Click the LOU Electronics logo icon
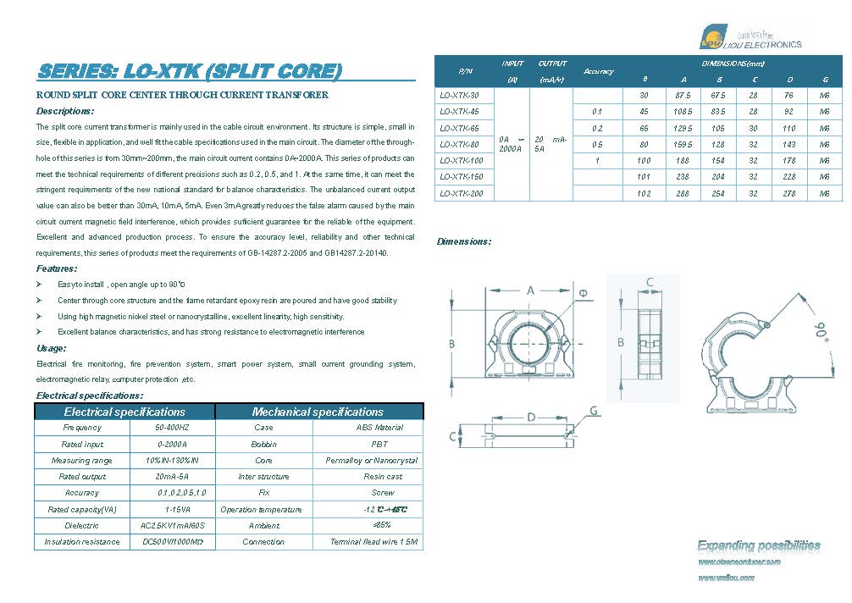tap(713, 36)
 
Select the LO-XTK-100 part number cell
tap(462, 160)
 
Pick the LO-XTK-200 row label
tap(462, 193)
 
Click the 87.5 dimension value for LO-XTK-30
tap(683, 96)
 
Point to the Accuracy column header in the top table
tap(598, 71)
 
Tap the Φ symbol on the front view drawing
tap(583, 293)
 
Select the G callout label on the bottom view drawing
tap(594, 411)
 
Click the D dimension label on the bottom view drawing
tap(531, 417)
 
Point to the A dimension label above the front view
tap(531, 290)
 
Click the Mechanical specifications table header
tap(318, 412)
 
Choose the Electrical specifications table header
tap(124, 412)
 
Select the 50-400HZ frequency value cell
tap(173, 428)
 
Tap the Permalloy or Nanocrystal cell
tap(372, 461)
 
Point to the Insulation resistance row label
tap(82, 542)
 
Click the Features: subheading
tap(58, 268)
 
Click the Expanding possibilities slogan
tap(758, 545)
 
